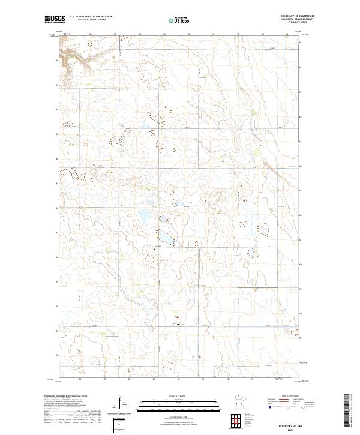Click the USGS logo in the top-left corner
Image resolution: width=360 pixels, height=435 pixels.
click(x=55, y=19)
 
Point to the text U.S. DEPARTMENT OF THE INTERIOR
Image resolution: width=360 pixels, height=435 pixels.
click(x=91, y=17)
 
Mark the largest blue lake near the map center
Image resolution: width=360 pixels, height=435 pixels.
click(x=166, y=237)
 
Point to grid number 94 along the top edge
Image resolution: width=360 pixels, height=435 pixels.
click(x=287, y=34)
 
